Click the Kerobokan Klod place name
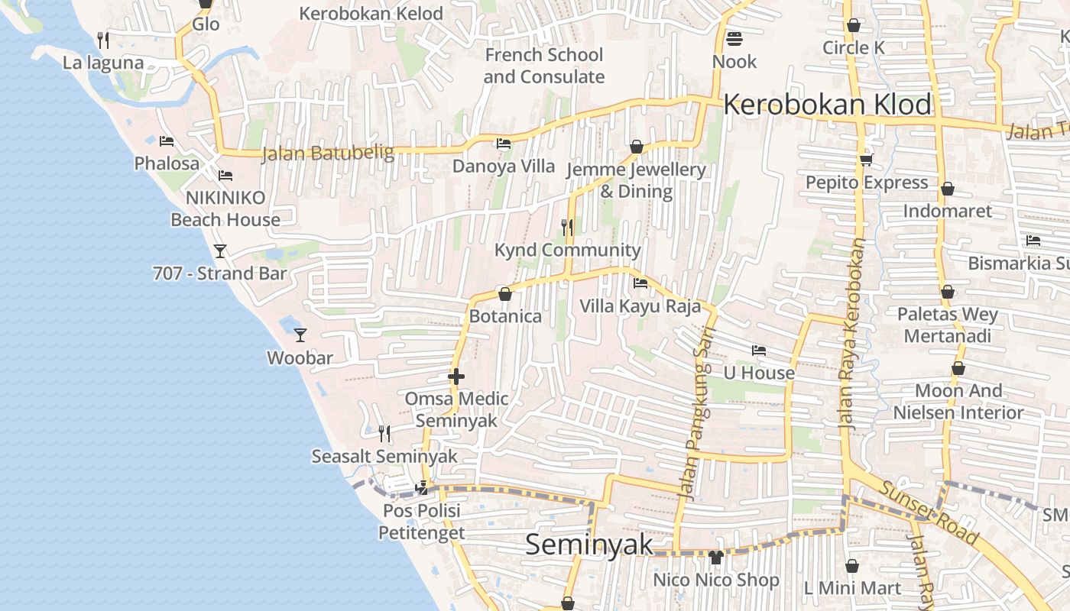(828, 105)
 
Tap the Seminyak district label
(589, 545)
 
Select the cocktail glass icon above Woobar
(300, 335)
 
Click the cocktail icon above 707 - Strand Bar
(220, 251)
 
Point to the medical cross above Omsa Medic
(456, 377)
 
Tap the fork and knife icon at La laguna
(103, 40)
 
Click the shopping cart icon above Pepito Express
(866, 160)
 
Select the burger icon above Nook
(734, 37)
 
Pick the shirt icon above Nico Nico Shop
(716, 558)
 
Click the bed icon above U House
(759, 351)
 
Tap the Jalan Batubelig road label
(328, 153)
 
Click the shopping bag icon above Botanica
(504, 294)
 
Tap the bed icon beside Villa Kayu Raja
(640, 283)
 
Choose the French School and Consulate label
(544, 66)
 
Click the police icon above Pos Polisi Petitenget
(421, 487)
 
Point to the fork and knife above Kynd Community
(567, 227)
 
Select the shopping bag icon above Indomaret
(948, 189)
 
